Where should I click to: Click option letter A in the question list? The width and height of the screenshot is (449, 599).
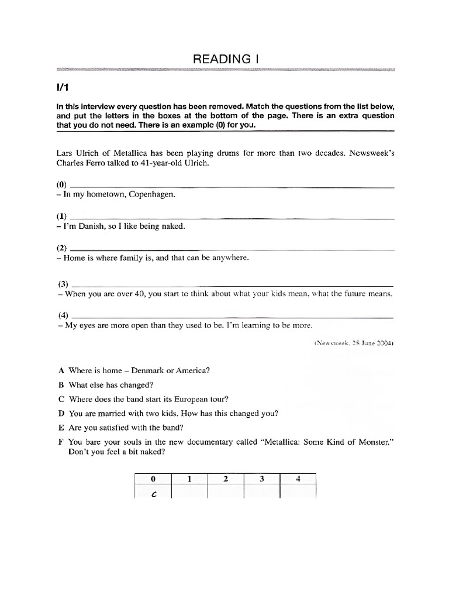tap(60, 370)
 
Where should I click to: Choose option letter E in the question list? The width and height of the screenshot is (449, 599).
tap(60, 427)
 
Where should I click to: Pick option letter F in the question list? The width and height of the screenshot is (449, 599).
tap(60, 442)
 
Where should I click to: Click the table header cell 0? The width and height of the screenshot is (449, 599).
tap(153, 478)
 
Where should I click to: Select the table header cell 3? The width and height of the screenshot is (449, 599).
tap(262, 478)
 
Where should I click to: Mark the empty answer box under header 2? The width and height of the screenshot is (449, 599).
tap(225, 493)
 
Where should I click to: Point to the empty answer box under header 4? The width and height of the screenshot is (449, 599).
tap(298, 493)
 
